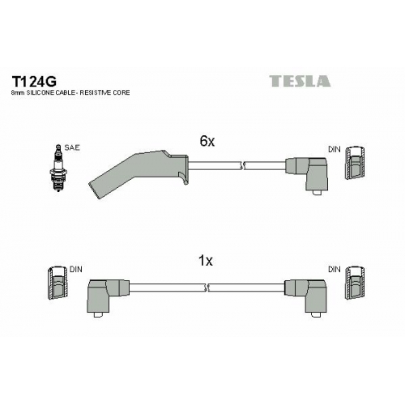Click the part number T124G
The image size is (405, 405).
tap(34, 81)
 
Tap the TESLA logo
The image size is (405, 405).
tap(300, 81)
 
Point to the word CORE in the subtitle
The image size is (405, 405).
tap(122, 92)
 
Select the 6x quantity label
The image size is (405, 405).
tap(207, 141)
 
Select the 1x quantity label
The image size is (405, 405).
tap(206, 261)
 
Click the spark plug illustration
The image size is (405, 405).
tap(58, 168)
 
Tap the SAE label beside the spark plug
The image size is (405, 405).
tap(72, 147)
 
